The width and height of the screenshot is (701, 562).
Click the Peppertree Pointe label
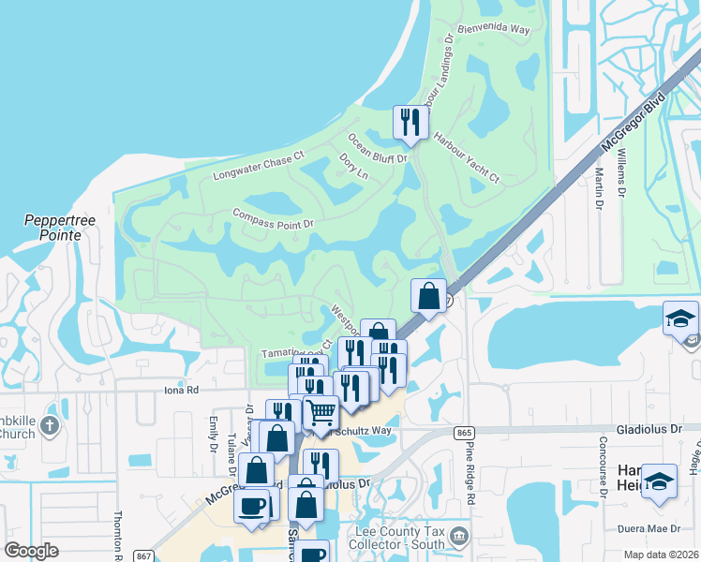52,228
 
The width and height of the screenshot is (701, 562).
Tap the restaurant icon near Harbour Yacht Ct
410,123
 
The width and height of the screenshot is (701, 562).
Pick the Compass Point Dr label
273,218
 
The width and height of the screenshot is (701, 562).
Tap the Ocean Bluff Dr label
379,148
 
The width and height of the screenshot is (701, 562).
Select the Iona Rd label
182,390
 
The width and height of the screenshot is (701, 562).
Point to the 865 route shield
463,432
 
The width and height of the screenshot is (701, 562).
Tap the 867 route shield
141,555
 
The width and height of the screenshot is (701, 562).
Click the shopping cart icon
321,412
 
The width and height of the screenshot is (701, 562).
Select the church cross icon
51,426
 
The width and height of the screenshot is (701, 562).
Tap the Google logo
31,551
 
